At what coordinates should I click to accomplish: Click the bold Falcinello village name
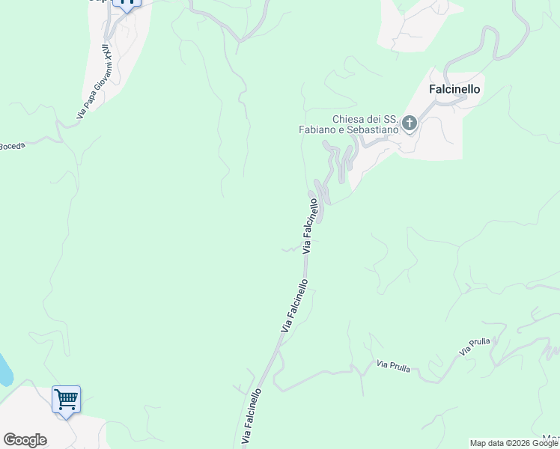[x=454, y=88]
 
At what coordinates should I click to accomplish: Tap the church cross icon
[x=410, y=123]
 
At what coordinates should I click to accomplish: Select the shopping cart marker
[x=66, y=399]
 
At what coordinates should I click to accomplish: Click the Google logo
[x=25, y=440]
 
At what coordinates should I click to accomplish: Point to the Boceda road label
[x=13, y=146]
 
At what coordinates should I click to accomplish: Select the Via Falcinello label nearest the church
[x=315, y=225]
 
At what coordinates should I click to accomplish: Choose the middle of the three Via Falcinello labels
[x=294, y=306]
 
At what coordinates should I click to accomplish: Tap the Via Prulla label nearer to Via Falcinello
[x=393, y=367]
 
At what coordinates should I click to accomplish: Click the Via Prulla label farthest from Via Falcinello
[x=475, y=346]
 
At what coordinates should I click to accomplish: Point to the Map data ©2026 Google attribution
[x=514, y=443]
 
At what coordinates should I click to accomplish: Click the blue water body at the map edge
[x=4, y=370]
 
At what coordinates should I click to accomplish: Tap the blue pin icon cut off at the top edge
[x=127, y=4]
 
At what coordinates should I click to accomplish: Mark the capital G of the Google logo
[x=9, y=440]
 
